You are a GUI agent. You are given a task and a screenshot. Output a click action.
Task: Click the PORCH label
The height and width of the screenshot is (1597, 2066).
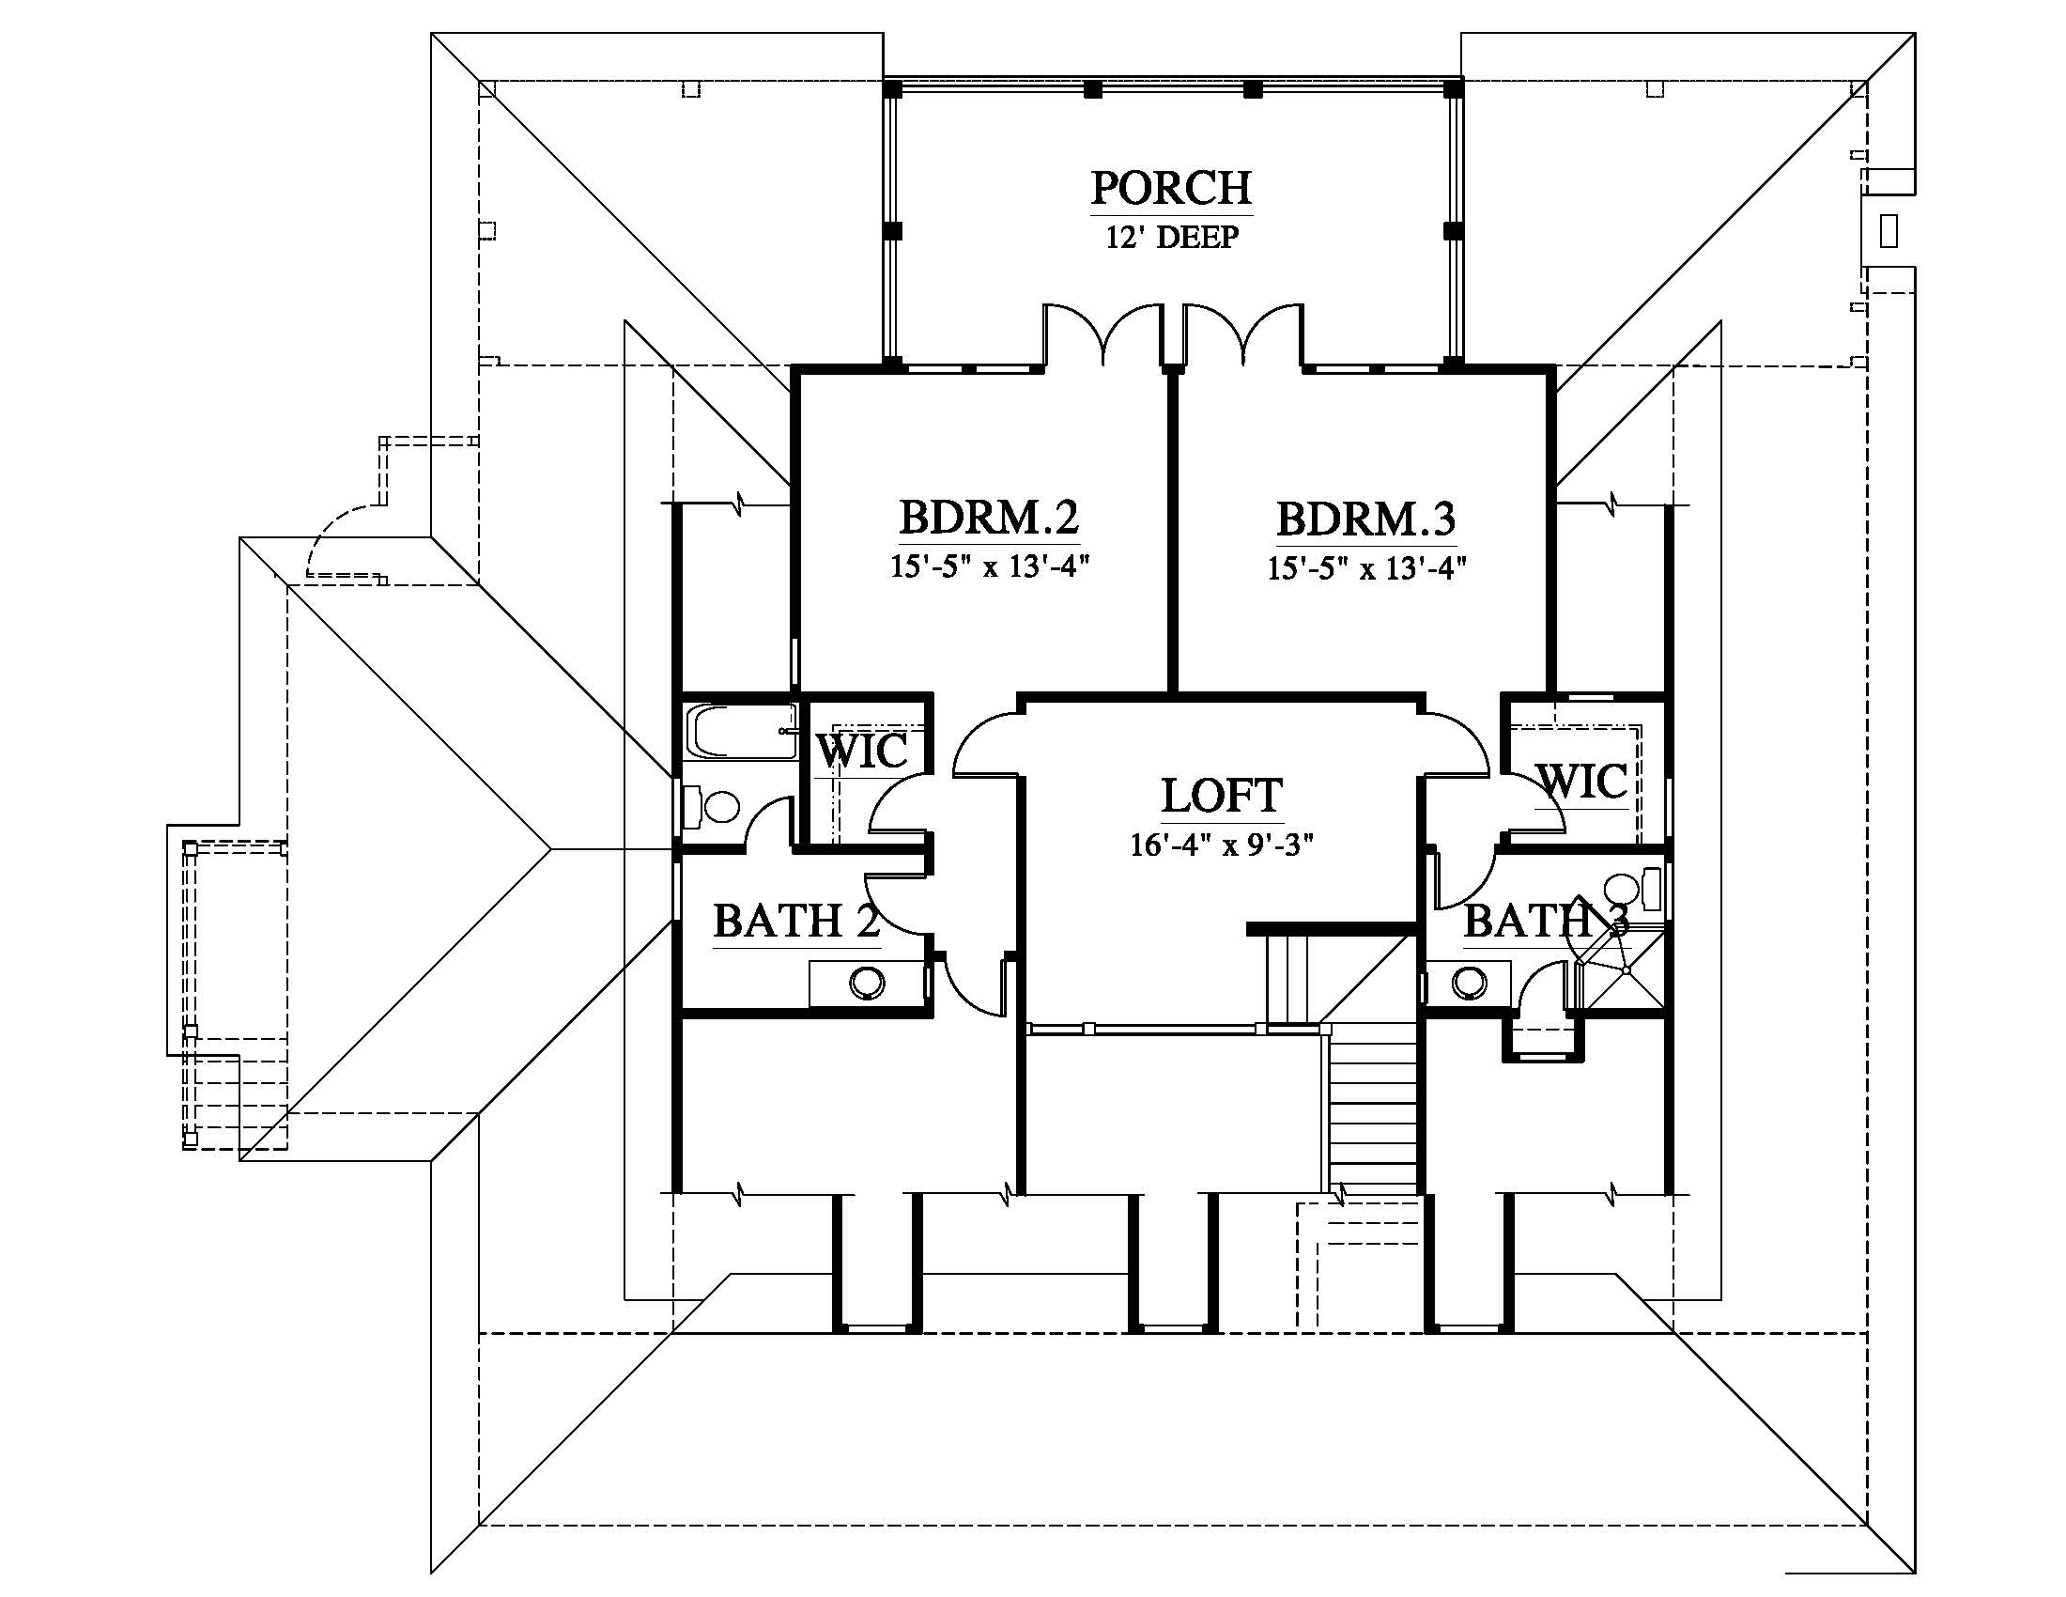(1171, 188)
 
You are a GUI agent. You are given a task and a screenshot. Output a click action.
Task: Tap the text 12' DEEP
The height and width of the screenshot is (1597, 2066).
(1172, 237)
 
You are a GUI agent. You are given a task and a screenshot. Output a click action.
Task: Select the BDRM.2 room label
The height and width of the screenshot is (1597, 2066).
(989, 518)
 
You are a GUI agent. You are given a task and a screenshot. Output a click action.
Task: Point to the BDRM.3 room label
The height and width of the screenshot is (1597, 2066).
(1366, 519)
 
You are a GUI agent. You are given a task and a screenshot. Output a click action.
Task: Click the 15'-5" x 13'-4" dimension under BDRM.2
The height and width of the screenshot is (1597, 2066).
(990, 566)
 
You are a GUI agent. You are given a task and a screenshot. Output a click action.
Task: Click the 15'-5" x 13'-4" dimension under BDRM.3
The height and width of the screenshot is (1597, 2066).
(1367, 567)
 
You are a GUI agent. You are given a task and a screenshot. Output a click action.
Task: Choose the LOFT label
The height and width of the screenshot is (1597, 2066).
(1222, 796)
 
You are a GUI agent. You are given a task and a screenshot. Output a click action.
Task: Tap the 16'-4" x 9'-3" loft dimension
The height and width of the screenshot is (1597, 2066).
(1222, 844)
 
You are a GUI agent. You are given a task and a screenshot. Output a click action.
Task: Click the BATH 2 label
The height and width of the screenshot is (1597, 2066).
(796, 921)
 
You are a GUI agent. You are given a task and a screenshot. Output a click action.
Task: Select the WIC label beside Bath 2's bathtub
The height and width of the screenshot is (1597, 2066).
(862, 752)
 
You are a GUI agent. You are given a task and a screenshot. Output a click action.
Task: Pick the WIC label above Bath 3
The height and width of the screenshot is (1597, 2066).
(1582, 782)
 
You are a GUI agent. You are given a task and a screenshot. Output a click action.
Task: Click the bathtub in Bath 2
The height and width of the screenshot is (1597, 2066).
(743, 731)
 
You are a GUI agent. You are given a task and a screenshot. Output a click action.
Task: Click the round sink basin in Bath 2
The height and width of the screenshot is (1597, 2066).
(867, 982)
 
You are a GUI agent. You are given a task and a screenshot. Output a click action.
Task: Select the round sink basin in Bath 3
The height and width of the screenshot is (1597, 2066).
(1468, 982)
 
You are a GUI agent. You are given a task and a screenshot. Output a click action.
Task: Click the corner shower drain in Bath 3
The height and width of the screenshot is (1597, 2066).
(1626, 970)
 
